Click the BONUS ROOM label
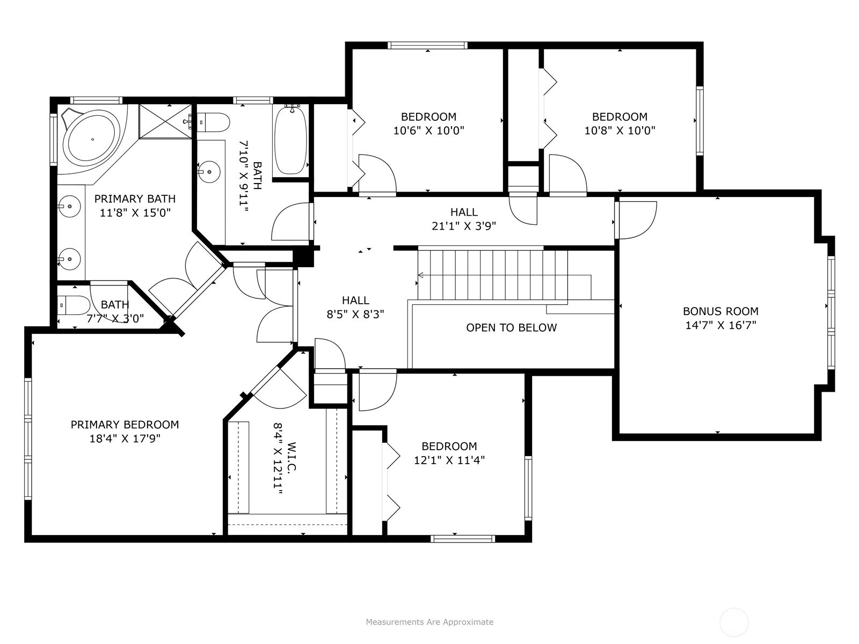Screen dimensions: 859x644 click(x=720, y=311)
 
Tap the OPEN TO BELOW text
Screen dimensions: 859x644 click(x=511, y=328)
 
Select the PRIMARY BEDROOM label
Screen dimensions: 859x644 click(x=125, y=425)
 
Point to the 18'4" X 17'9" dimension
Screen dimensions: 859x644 click(x=125, y=438)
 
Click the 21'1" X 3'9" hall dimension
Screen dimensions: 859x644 click(x=464, y=226)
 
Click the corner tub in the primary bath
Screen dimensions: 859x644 click(x=92, y=140)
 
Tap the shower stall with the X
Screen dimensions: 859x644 click(x=165, y=121)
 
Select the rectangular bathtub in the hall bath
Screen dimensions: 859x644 click(x=291, y=140)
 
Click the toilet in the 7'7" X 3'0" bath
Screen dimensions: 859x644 click(x=74, y=305)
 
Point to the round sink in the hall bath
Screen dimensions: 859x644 click(x=209, y=171)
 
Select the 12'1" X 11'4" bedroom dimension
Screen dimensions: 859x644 click(x=449, y=460)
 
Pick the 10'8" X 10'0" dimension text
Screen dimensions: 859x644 click(x=620, y=130)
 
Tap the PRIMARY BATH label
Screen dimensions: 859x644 click(x=135, y=199)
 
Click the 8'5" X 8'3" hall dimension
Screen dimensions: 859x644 click(x=355, y=314)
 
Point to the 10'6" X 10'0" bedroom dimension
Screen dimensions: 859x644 click(x=428, y=130)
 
